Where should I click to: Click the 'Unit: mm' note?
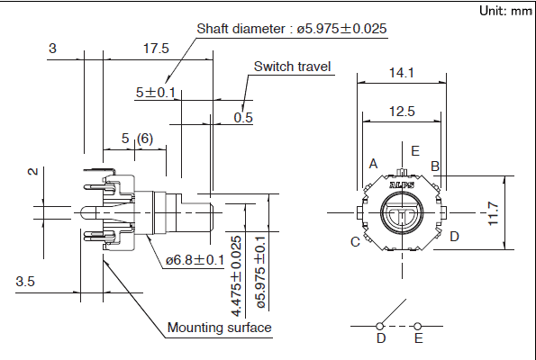505,11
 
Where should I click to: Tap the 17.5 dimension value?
156,49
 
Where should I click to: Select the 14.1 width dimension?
401,73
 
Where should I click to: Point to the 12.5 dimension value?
402,112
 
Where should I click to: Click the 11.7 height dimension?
494,213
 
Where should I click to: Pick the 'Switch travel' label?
292,67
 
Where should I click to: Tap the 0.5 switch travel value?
243,118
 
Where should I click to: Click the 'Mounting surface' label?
220,328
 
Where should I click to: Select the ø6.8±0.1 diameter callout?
195,260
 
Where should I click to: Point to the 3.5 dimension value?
25,282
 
